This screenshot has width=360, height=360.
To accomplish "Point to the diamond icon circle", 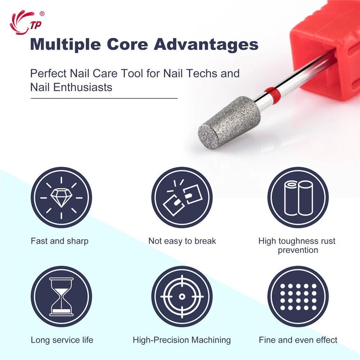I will click(x=61, y=198).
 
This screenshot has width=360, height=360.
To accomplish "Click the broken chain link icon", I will click(x=182, y=198).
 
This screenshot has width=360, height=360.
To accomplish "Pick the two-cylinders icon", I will click(x=298, y=198).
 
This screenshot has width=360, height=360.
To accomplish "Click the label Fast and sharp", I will click(x=59, y=241).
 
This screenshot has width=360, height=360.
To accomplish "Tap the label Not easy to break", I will click(x=182, y=241).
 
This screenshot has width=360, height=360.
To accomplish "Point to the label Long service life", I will click(x=62, y=340).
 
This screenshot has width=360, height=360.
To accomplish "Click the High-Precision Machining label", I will click(x=182, y=340).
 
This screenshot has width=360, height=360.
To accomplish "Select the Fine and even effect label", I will click(x=298, y=340).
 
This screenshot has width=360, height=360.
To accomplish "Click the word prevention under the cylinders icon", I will click(x=298, y=250).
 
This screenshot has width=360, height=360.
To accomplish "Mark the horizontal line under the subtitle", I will click(x=104, y=98).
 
